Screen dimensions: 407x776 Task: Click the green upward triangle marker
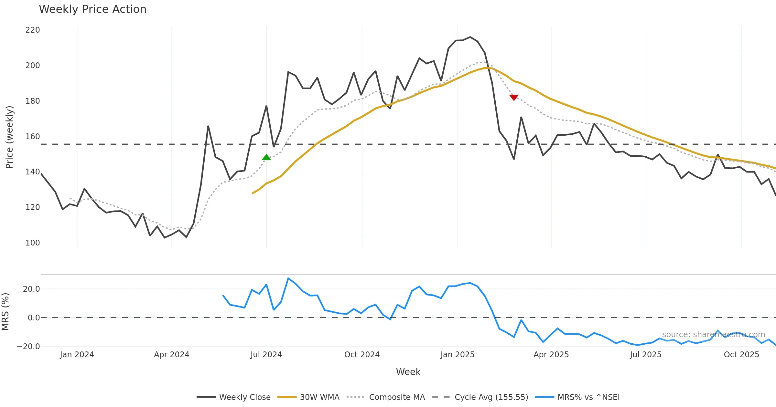266,158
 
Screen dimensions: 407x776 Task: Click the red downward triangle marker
514,97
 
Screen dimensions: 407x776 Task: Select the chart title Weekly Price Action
92,9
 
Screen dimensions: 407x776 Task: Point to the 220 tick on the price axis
33,30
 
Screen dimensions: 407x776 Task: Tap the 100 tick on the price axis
33,243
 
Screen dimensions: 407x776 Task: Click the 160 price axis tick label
33,136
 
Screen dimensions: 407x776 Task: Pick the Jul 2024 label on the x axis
266,355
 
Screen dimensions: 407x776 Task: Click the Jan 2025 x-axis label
457,355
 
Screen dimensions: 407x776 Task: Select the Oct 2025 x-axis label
741,355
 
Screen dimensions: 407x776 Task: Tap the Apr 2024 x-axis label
171,355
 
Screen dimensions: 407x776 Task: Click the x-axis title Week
408,372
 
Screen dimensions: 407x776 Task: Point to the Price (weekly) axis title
9,137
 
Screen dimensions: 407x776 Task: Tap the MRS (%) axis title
5,312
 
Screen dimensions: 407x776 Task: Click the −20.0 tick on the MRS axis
28,347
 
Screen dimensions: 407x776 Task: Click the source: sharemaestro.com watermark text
713,335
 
